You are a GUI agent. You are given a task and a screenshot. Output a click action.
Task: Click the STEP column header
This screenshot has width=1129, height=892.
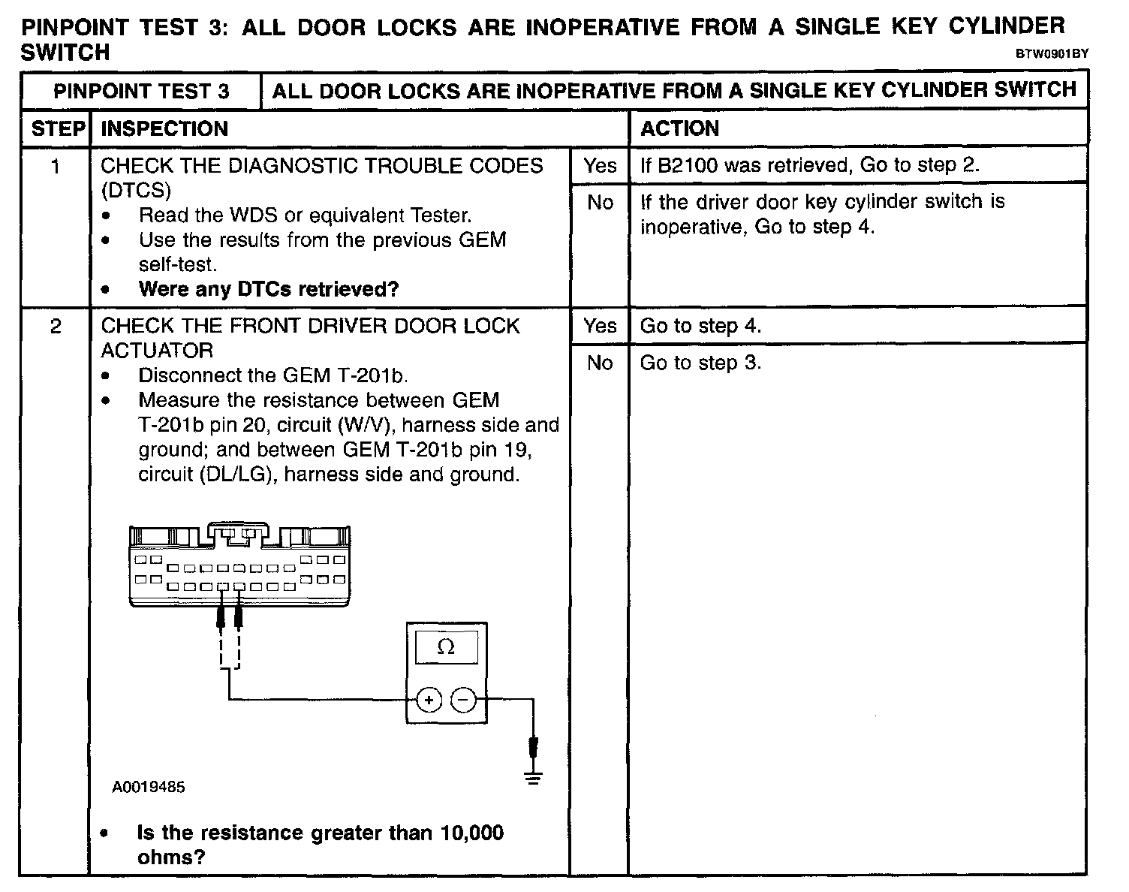(57, 128)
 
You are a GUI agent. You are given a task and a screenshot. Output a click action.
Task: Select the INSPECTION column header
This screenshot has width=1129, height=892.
(164, 128)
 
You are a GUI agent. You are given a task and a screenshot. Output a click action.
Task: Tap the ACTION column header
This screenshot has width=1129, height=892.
(679, 128)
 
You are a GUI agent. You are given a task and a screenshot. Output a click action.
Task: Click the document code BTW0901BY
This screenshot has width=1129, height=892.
(1052, 54)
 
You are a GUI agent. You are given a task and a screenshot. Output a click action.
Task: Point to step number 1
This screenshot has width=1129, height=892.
(56, 166)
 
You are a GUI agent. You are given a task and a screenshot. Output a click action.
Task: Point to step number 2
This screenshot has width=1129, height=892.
(56, 327)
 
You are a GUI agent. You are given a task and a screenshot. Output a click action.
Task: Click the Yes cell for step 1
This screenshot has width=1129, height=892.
(600, 166)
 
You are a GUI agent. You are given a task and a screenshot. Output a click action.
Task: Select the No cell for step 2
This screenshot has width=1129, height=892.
(600, 363)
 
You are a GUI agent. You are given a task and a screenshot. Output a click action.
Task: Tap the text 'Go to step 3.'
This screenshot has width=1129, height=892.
(700, 363)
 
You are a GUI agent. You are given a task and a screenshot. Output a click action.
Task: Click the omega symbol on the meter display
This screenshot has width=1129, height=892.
(446, 646)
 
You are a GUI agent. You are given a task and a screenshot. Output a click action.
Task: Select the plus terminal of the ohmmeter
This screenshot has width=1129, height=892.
(429, 701)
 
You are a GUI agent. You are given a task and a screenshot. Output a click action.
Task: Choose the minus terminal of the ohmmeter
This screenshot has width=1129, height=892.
(463, 701)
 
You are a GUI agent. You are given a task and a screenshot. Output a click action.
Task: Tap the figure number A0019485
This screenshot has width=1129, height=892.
(149, 787)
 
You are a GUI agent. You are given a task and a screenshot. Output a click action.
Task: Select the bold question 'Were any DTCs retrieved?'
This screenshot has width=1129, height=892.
(269, 289)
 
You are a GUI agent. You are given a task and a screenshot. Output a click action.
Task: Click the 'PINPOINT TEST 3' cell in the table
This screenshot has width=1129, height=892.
(141, 92)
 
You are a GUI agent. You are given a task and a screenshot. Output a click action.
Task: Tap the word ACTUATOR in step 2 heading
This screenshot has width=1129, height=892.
(157, 351)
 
